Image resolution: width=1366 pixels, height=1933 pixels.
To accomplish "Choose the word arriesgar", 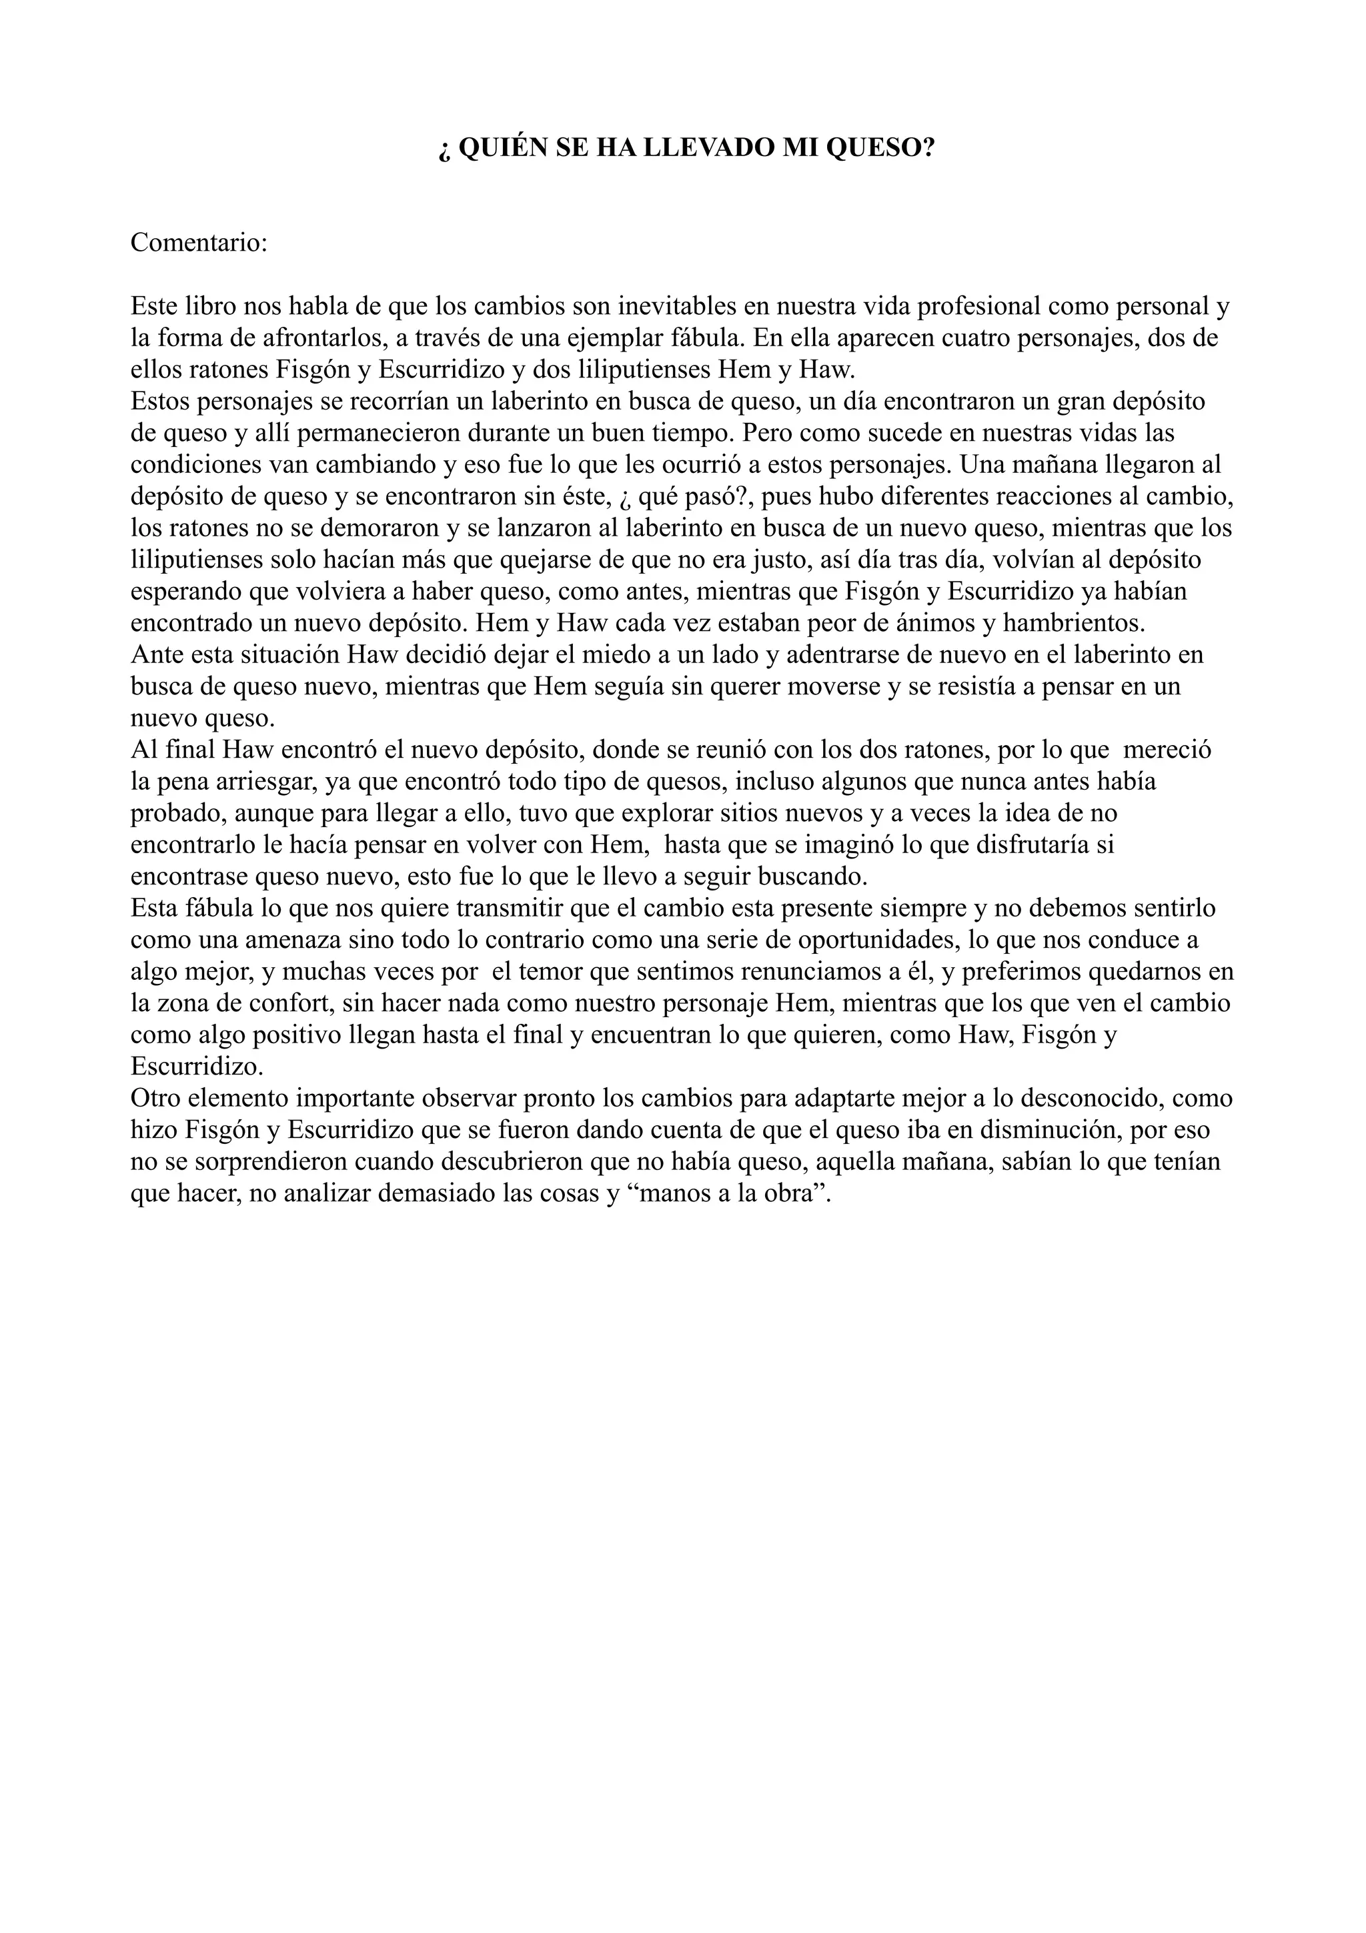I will [266, 781].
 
